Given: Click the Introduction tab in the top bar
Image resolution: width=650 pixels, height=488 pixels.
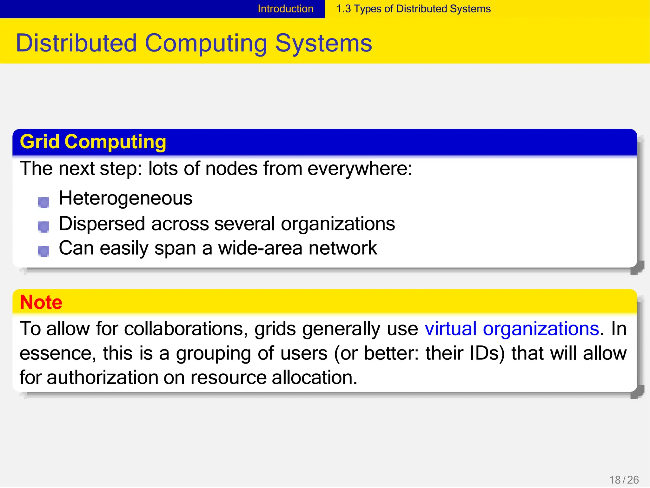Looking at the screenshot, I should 285,9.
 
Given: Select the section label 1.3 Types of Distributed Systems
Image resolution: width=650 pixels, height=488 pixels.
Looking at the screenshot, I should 413,9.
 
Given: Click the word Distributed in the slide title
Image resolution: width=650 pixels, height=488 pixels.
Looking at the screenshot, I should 76,43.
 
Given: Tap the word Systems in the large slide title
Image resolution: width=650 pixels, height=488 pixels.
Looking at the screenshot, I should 323,43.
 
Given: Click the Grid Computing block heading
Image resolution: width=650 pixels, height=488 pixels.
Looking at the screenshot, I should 93,142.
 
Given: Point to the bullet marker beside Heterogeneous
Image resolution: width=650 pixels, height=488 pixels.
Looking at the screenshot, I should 43,202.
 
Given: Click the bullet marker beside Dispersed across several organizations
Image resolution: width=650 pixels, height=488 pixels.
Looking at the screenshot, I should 43,227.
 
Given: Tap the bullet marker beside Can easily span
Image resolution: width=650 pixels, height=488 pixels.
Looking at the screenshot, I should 43,251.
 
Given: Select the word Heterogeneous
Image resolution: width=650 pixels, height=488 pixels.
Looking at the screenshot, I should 126,198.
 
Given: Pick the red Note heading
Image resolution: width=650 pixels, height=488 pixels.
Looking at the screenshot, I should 41,302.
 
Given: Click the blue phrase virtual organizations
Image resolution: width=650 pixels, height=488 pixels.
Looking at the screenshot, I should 512,329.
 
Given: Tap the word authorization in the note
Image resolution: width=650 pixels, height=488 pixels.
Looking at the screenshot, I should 102,378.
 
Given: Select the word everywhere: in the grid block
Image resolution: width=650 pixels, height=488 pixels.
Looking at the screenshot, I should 360,168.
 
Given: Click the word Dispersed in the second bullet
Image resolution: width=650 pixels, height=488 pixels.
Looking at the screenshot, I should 102,224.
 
